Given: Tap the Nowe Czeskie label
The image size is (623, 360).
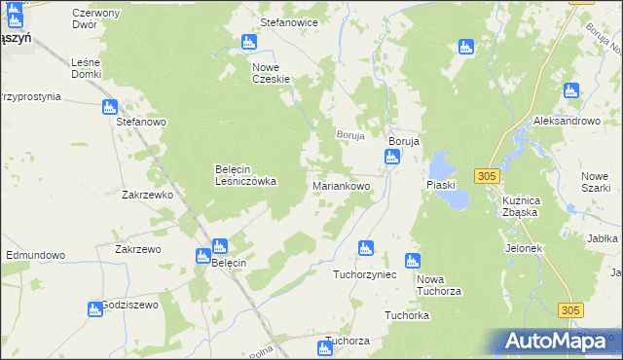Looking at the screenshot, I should tap(272, 73).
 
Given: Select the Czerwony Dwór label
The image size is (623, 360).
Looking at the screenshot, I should tap(95, 18).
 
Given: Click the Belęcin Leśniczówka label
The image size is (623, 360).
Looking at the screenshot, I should tap(245, 175).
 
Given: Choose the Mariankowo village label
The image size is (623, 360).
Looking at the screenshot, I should tap(342, 185).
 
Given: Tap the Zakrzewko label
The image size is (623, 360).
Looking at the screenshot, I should tap(147, 195).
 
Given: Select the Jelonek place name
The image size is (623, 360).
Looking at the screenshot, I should tap(523, 248).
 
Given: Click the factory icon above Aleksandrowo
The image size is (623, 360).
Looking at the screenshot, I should tap(571, 90).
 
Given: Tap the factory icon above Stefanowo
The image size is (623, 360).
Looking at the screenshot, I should tap(110, 106).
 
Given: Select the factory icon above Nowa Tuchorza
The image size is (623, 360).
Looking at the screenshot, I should tap(412, 260).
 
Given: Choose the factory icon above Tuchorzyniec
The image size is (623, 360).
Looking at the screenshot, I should tap(366, 247).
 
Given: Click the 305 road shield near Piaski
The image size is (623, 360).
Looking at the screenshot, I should tap(488, 175).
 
